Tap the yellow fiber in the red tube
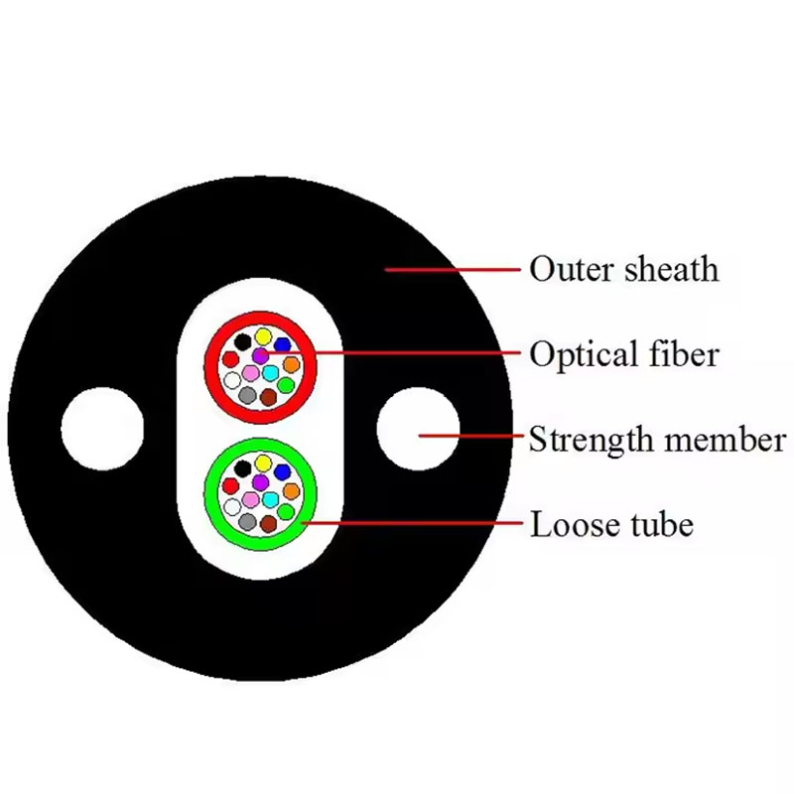click(263, 336)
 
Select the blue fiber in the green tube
click(282, 471)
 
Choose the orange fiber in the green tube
click(291, 490)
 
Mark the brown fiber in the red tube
click(268, 397)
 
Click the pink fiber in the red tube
click(250, 373)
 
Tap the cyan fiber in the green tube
click(269, 499)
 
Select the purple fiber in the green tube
click(260, 481)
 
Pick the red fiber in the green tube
click(232, 486)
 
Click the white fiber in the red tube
click(232, 379)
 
